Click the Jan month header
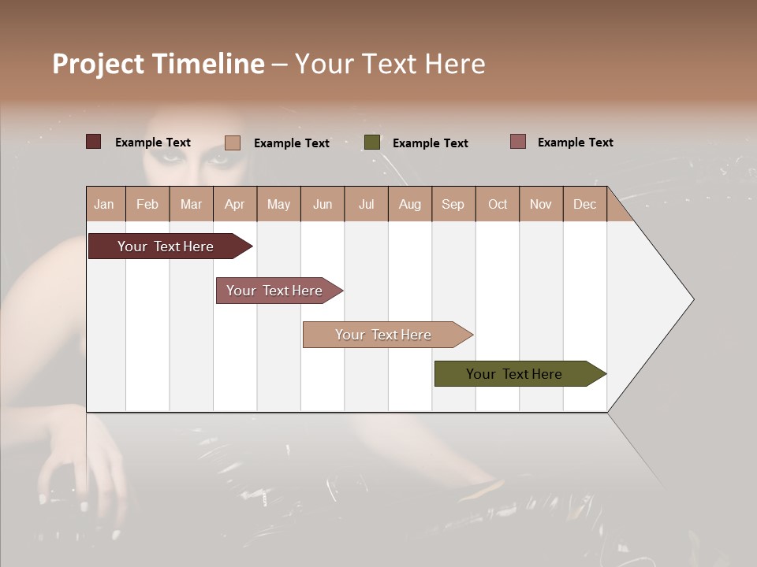tap(104, 205)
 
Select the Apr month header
tap(235, 205)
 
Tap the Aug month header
tap(410, 205)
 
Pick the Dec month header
tap(584, 205)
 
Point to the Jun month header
tap(323, 205)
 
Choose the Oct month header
tap(498, 205)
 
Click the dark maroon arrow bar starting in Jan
tap(166, 246)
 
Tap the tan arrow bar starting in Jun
tap(383, 335)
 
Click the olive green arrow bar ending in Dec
tap(514, 374)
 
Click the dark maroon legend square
tap(94, 142)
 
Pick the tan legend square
tap(233, 143)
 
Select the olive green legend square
tap(372, 143)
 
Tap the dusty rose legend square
tap(517, 142)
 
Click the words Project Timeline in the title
tap(158, 64)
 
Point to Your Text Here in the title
tap(390, 64)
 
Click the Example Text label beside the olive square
tap(431, 143)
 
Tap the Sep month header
tap(453, 205)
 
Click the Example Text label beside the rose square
tap(576, 143)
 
